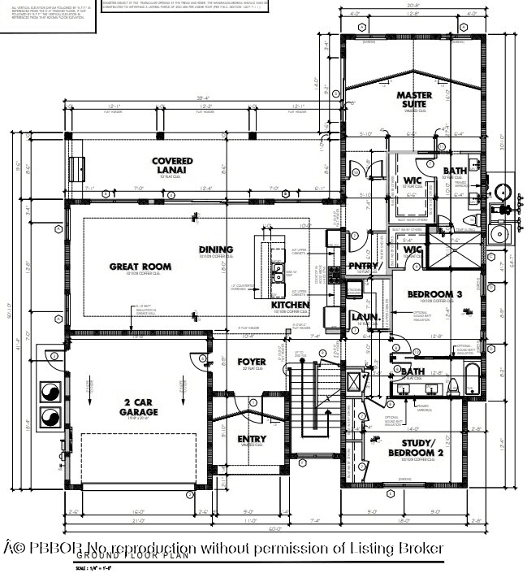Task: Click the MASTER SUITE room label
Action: click(414, 100)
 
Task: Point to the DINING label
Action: click(216, 250)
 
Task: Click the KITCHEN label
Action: click(290, 305)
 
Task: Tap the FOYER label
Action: click(252, 361)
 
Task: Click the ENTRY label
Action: click(252, 439)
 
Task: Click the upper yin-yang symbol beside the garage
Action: click(50, 391)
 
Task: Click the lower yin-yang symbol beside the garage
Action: click(50, 418)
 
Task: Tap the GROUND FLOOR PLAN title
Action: click(133, 556)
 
